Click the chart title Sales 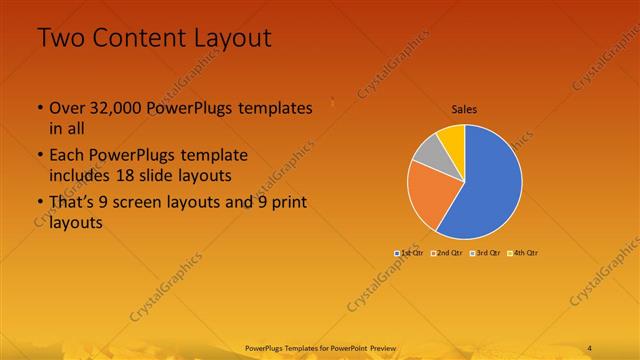pos(464,110)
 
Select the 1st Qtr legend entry pos(408,253)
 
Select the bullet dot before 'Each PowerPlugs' pos(40,157)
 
